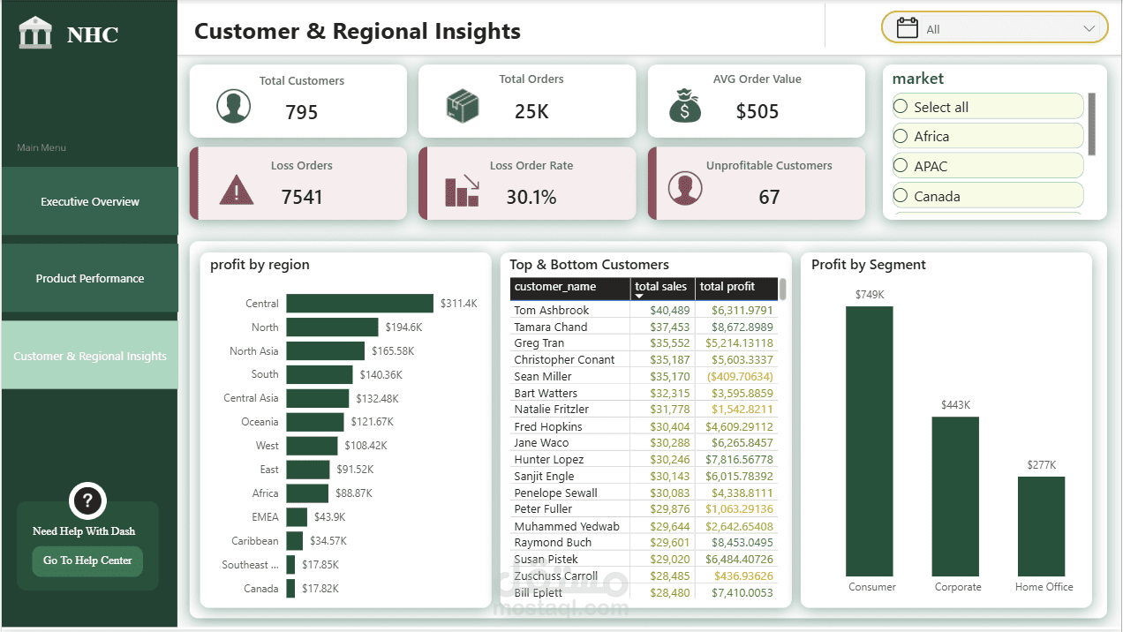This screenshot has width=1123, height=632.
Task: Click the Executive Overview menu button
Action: point(90,201)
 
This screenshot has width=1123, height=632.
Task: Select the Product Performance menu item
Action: point(90,278)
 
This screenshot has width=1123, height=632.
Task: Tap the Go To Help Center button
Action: point(87,561)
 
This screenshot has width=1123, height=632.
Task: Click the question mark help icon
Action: point(87,500)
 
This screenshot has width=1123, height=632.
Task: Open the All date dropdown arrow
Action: point(1089,28)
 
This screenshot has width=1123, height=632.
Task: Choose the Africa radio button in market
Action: point(901,136)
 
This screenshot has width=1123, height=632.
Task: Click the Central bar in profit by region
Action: point(359,304)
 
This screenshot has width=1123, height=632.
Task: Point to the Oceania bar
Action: point(315,422)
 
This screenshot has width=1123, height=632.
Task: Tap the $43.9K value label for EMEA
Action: point(330,516)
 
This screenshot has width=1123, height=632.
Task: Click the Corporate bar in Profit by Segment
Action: point(955,496)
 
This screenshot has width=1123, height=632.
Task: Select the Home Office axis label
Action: point(1044,587)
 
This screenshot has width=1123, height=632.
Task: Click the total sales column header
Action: point(660,287)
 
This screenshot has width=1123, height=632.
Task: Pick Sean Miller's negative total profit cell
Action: point(740,376)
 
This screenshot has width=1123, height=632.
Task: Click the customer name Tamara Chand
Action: point(551,327)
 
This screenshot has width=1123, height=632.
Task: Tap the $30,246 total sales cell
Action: point(670,459)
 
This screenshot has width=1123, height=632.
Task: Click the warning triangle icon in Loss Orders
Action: point(236,190)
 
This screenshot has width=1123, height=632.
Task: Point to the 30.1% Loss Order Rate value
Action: point(531,197)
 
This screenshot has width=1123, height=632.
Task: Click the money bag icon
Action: point(685,106)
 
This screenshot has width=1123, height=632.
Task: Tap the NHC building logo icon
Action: point(35,33)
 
